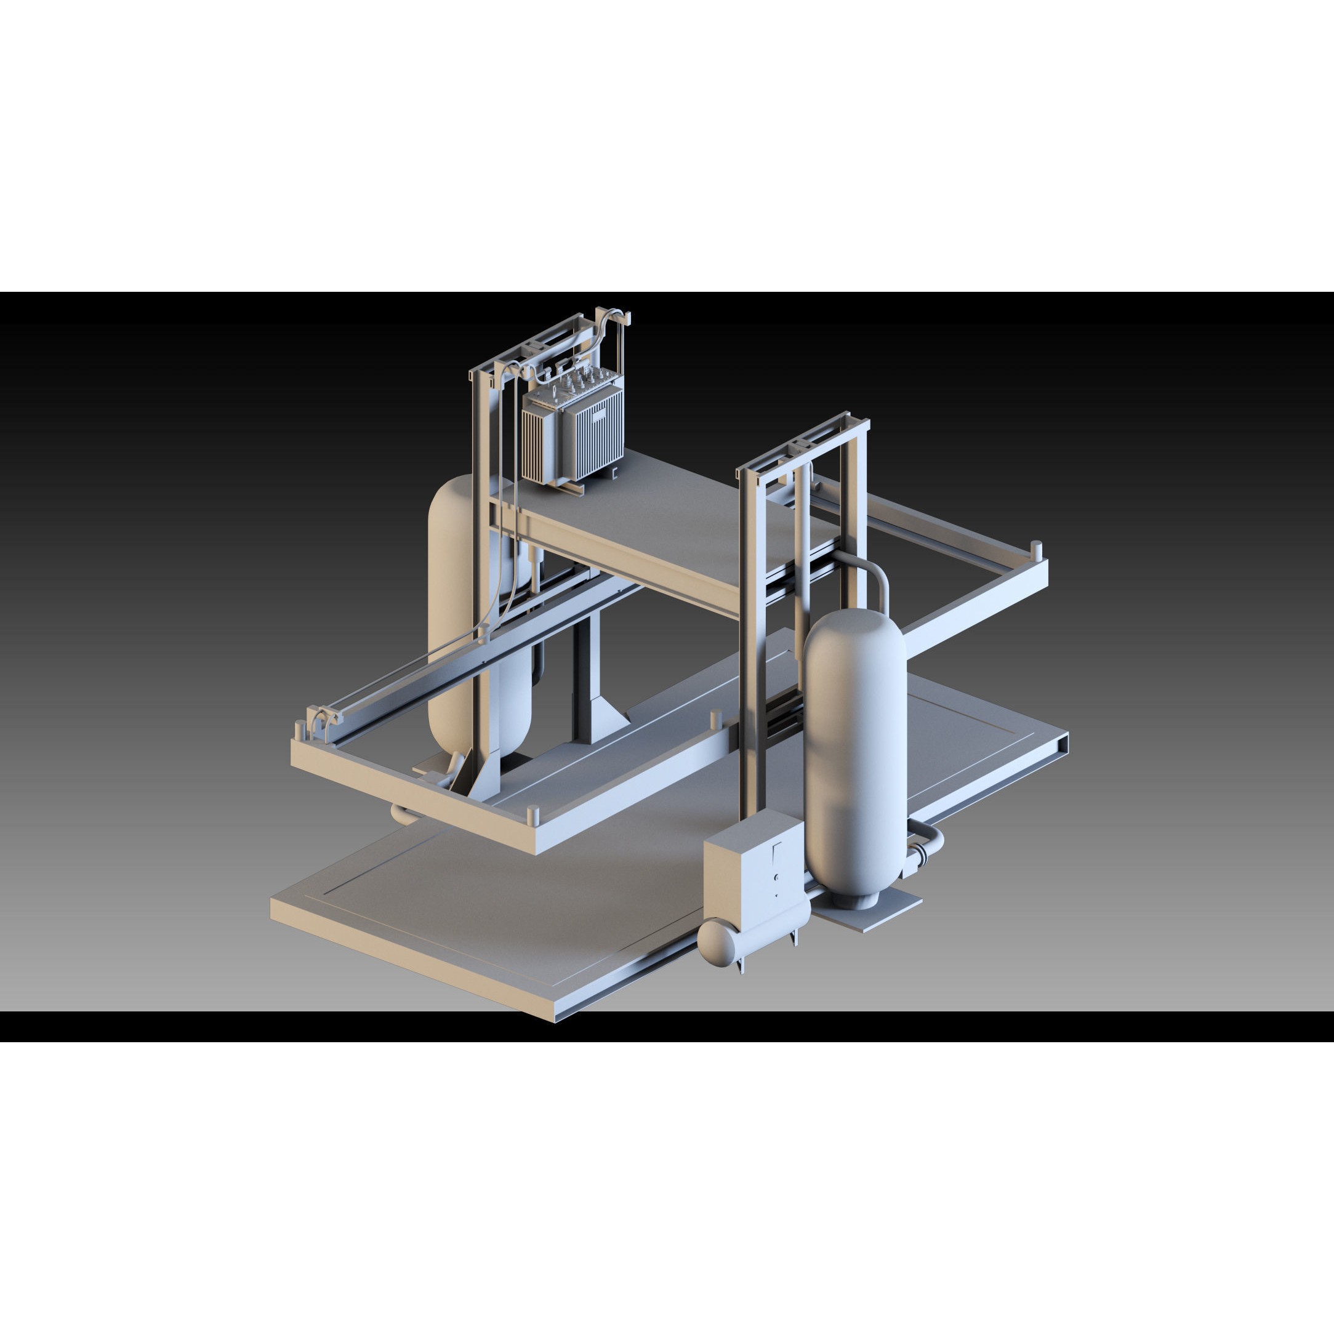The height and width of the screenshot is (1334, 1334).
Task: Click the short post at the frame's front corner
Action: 532,815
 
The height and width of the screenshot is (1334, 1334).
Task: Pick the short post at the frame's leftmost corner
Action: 299,728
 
